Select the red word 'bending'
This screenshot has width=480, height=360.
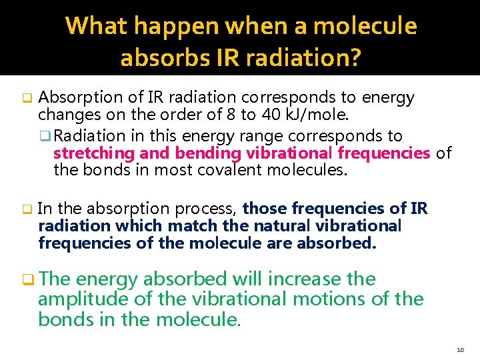(197, 153)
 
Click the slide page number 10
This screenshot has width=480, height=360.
(461, 350)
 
